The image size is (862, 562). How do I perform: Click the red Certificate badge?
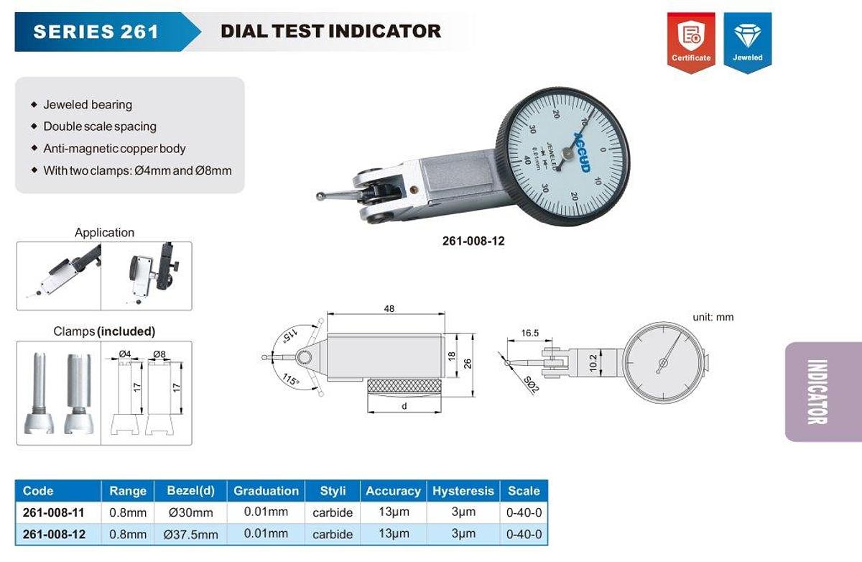point(690,41)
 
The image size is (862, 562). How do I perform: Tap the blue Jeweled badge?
point(748,41)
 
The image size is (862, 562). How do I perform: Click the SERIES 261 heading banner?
point(96,32)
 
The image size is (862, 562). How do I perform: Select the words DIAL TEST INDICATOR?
point(330,31)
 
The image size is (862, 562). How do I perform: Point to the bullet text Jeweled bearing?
point(88,105)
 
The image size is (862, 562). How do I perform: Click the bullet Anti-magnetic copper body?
point(114,149)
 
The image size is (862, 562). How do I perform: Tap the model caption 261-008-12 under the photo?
point(473,241)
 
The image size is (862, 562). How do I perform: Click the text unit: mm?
point(713,317)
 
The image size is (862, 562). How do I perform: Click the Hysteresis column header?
point(463,491)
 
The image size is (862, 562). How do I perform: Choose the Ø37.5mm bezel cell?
point(191,535)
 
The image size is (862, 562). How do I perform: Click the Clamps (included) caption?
point(104,331)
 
